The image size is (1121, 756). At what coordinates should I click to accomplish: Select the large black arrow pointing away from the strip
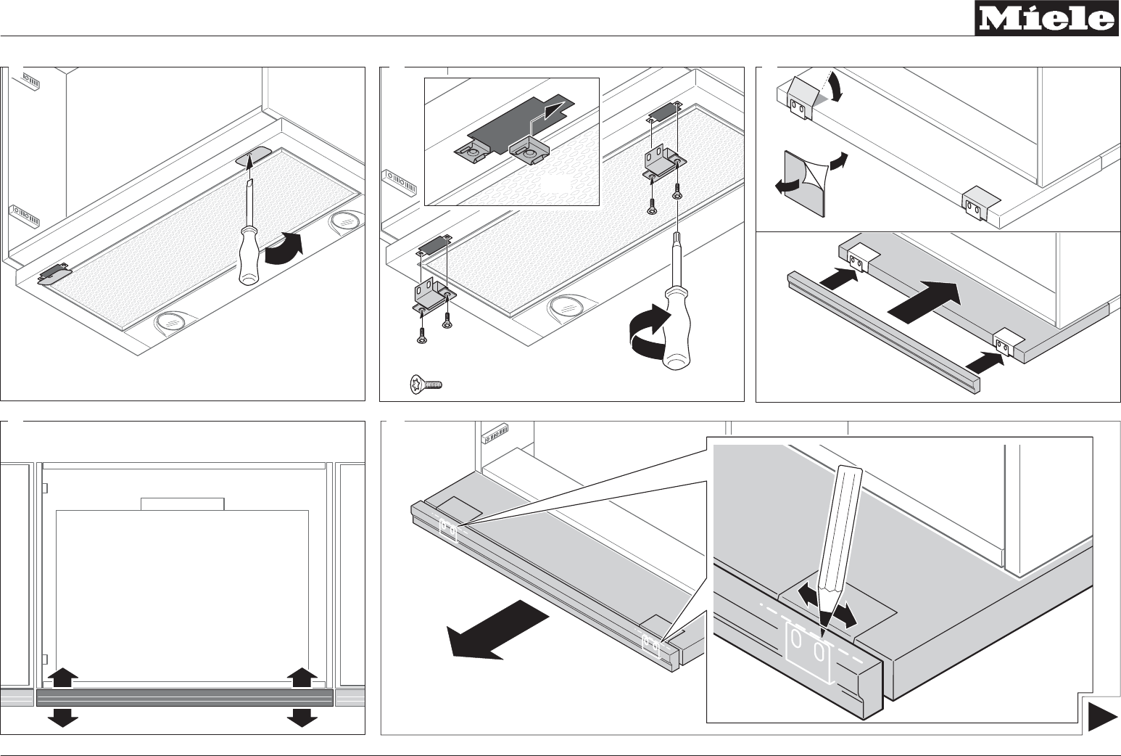[497, 630]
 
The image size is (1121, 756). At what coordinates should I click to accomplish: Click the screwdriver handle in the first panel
[248, 255]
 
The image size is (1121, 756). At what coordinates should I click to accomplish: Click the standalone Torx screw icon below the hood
[426, 384]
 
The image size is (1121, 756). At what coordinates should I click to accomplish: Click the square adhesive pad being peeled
[804, 184]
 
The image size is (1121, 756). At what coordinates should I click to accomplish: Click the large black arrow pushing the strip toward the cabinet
[924, 303]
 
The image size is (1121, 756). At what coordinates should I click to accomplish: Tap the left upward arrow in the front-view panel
[63, 678]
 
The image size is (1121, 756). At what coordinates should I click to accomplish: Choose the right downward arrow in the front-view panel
[302, 718]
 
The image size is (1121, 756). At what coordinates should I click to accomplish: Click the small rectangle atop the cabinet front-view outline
[182, 504]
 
